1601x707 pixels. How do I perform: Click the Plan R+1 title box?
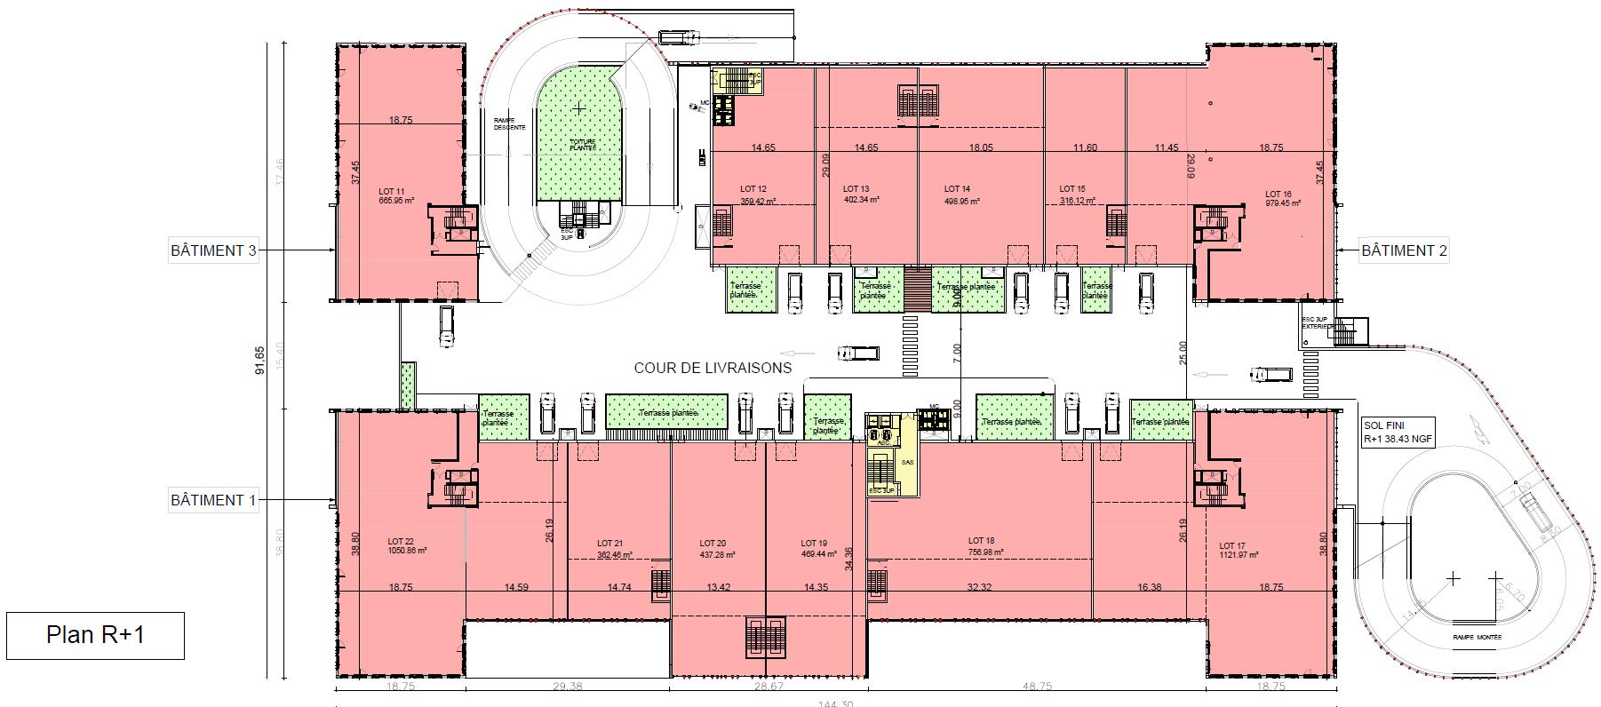pyautogui.click(x=95, y=636)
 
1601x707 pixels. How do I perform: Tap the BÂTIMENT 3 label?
pyautogui.click(x=213, y=250)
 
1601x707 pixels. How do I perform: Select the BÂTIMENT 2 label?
pyautogui.click(x=1404, y=250)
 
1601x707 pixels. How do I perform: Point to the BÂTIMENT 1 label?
pyautogui.click(x=213, y=500)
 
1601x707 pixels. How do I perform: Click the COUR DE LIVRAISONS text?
pyautogui.click(x=713, y=368)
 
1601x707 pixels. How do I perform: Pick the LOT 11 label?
pyautogui.click(x=392, y=191)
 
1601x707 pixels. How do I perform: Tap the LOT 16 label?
pyautogui.click(x=1279, y=194)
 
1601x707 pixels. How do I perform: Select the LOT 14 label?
pyautogui.click(x=957, y=189)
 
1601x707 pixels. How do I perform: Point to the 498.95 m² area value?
pyautogui.click(x=961, y=202)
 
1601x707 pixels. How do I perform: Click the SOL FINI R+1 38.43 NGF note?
pyautogui.click(x=1398, y=432)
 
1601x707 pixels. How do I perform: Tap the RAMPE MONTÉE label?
pyautogui.click(x=1476, y=637)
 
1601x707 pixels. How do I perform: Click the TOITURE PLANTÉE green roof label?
pyautogui.click(x=583, y=144)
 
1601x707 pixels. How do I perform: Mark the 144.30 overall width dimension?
pyautogui.click(x=835, y=703)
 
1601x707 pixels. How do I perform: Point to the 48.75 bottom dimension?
pyautogui.click(x=1036, y=687)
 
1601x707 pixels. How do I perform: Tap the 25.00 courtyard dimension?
pyautogui.click(x=1182, y=353)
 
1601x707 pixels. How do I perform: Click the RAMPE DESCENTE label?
pyautogui.click(x=505, y=123)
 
